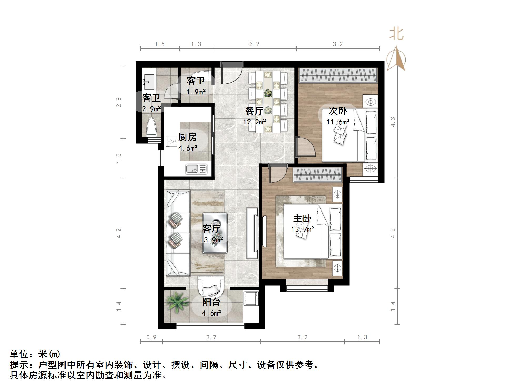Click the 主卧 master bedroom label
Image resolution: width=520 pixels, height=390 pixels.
(302, 219)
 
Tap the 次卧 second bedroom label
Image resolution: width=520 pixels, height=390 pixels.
(338, 111)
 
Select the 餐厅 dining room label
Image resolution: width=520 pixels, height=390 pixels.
(254, 111)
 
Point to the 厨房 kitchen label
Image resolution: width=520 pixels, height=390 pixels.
(187, 137)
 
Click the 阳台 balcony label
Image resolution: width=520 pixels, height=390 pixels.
(211, 302)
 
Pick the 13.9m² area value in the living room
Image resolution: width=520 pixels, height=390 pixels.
(211, 240)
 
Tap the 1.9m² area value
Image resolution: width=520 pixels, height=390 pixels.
(196, 92)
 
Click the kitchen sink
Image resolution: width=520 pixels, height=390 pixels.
(196, 169)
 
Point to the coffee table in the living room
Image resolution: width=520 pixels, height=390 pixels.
(215, 233)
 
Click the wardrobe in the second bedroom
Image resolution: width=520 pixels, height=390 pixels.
(338, 75)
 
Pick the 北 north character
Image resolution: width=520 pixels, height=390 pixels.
(396, 34)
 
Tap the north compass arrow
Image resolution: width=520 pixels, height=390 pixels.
(396, 58)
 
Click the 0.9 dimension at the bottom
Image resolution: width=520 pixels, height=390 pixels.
(151, 337)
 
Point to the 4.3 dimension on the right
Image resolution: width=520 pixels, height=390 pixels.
(393, 122)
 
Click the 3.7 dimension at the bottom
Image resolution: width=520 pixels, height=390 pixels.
(211, 337)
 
